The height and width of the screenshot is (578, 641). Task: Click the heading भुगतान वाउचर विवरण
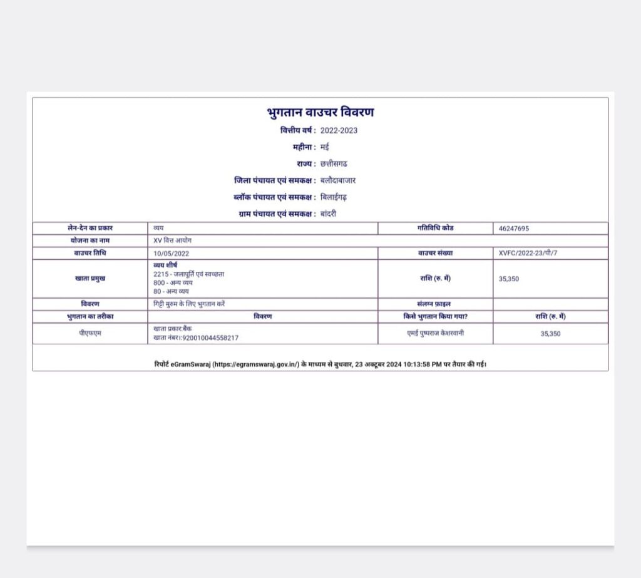[320, 113]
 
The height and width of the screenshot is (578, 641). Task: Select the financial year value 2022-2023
[339, 131]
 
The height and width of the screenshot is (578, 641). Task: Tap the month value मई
[324, 147]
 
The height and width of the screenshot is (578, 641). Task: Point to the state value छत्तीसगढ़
[334, 164]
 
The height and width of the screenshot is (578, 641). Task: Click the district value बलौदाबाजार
[338, 180]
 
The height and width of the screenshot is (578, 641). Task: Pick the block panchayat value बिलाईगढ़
[333, 197]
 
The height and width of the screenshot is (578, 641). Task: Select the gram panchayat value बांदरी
[330, 214]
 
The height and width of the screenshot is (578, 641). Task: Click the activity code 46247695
[514, 229]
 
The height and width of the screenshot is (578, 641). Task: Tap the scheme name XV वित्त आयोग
[174, 241]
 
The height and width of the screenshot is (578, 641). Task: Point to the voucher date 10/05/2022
[171, 254]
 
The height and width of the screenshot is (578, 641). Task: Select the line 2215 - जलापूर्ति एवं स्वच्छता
[188, 274]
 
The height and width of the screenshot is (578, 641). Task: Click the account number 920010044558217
[210, 338]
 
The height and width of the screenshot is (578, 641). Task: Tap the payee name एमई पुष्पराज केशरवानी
[436, 333]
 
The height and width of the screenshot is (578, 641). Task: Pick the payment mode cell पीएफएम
[90, 333]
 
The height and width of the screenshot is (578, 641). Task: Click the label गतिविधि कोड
[435, 228]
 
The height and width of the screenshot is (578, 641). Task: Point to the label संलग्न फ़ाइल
[435, 304]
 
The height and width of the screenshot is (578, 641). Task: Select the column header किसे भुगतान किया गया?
[435, 316]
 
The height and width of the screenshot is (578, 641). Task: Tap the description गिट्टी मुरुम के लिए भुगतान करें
[189, 304]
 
